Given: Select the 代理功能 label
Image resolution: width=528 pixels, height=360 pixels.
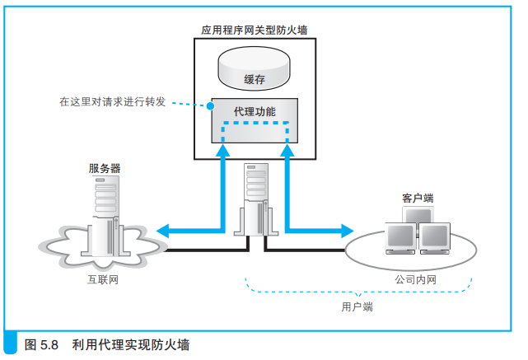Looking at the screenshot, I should (x=255, y=110).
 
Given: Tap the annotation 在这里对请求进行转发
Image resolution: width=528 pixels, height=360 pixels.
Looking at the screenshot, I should (x=112, y=102).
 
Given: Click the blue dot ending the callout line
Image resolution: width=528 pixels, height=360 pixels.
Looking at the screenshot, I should (x=211, y=107).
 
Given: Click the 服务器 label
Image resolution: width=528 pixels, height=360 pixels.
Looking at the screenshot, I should (x=105, y=167).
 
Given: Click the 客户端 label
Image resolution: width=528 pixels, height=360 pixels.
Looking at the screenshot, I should (x=418, y=199).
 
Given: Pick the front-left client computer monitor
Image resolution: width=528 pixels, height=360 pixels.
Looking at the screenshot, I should (x=401, y=237).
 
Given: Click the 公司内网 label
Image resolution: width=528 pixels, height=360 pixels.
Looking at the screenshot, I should (x=415, y=280).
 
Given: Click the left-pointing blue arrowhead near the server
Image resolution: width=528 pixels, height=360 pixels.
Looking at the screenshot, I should (x=163, y=230).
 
